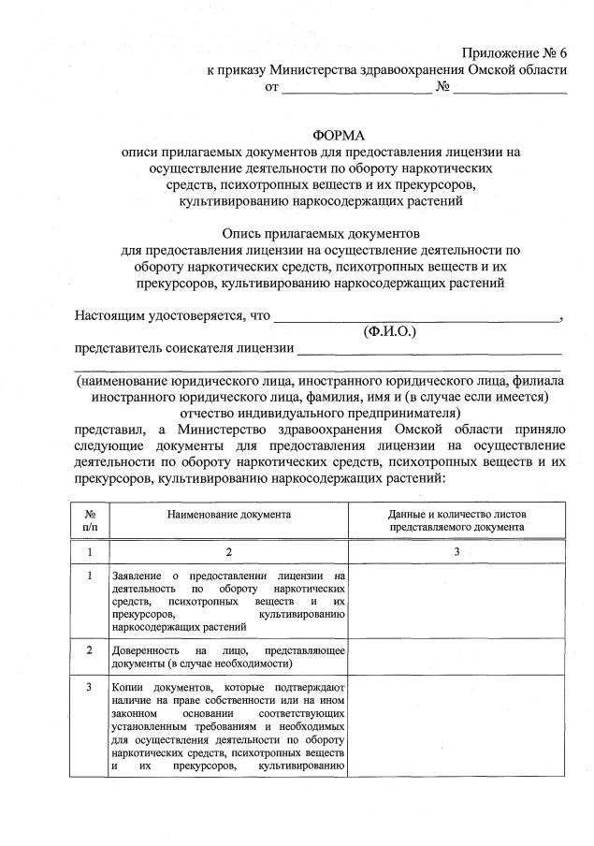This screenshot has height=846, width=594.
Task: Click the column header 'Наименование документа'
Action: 229,515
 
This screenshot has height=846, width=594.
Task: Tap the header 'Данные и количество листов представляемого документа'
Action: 457,520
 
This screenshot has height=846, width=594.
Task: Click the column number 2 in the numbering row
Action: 229,552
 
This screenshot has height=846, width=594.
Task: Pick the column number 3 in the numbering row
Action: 457,552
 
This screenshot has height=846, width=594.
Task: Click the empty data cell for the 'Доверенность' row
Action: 457,655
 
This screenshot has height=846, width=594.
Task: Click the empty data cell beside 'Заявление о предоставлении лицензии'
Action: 457,599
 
